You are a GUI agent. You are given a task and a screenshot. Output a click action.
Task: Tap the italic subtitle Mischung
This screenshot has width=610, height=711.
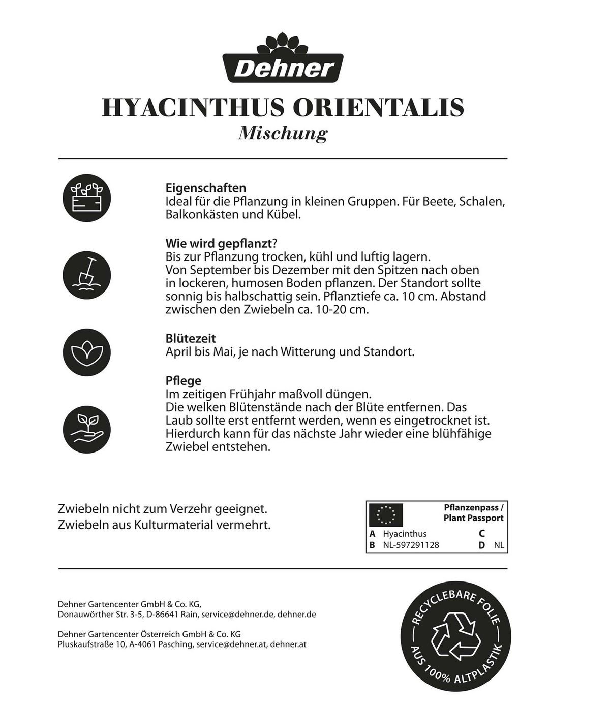tap(283, 134)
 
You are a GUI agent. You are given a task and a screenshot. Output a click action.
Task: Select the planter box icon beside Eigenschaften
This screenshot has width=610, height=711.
tap(86, 198)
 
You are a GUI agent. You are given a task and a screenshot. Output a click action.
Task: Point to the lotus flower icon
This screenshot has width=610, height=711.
tap(86, 351)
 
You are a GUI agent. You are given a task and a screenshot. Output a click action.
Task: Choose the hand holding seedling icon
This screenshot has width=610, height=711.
tap(86, 427)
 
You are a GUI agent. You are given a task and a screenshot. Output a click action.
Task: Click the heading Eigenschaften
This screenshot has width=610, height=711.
tap(206, 188)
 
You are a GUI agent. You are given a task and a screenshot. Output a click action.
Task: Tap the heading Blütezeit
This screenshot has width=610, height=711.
tap(191, 339)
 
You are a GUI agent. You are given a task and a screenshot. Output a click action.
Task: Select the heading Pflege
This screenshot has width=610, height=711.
tap(183, 381)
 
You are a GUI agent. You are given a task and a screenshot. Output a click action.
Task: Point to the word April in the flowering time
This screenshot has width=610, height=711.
tap(178, 351)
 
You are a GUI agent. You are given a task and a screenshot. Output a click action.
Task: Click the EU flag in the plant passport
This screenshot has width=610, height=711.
tap(385, 514)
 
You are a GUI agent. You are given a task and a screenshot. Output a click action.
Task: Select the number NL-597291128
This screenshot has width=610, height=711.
tap(411, 545)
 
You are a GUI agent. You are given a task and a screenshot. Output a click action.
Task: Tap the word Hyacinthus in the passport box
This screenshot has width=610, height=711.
tap(405, 534)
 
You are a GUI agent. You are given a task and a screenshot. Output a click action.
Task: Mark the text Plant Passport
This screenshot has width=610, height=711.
tap(473, 518)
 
